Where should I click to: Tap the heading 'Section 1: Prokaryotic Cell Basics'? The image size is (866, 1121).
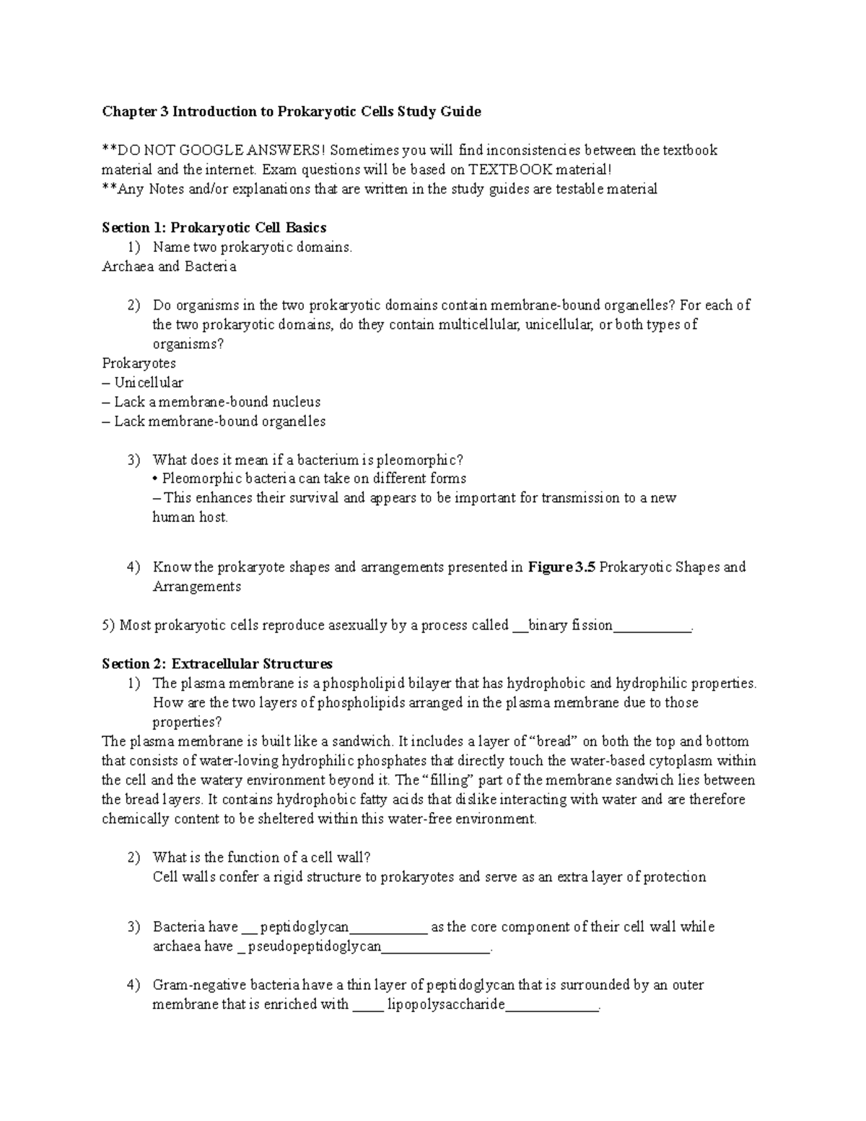click(x=214, y=228)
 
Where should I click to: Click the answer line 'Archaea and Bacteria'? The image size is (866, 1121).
click(x=169, y=266)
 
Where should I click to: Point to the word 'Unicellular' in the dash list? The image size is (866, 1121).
click(x=149, y=383)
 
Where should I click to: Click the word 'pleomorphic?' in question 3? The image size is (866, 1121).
click(x=426, y=460)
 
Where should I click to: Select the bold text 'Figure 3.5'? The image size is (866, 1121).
click(x=562, y=567)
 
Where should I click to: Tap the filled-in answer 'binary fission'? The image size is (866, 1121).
click(x=570, y=625)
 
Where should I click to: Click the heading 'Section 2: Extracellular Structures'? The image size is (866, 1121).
click(x=217, y=663)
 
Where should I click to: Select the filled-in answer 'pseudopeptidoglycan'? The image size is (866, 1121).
click(x=314, y=946)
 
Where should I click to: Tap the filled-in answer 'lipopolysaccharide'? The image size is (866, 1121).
click(x=446, y=1004)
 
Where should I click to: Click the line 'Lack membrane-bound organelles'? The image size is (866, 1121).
click(x=219, y=421)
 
